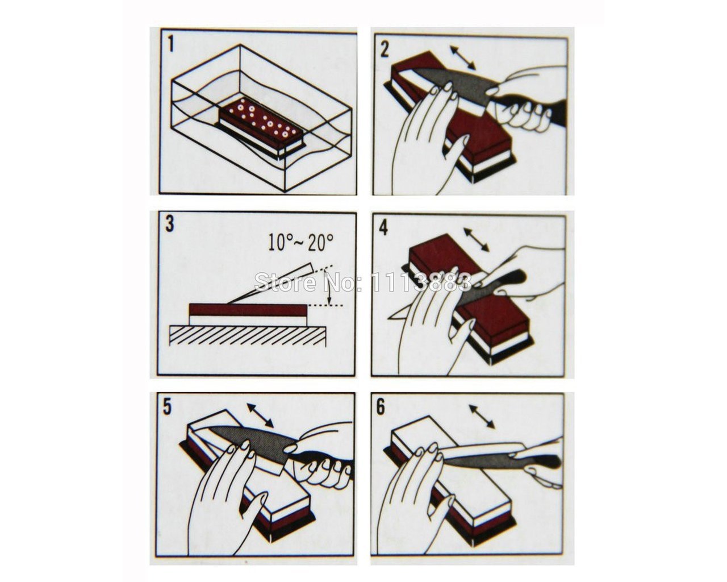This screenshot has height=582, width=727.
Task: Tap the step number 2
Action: pyautogui.click(x=385, y=50)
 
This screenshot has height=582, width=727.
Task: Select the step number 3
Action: pyautogui.click(x=170, y=224)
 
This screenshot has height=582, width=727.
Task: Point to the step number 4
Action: pyautogui.click(x=383, y=228)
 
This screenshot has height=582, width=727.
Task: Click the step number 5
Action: pyautogui.click(x=167, y=407)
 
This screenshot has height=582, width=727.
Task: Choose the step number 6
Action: pyautogui.click(x=381, y=408)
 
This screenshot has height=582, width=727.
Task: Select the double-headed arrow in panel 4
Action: pyautogui.click(x=477, y=240)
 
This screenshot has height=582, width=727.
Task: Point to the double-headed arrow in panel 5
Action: pyautogui.click(x=260, y=415)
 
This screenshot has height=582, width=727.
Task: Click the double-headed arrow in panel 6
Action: pyautogui.click(x=482, y=416)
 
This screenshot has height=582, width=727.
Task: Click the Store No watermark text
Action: pyautogui.click(x=363, y=282)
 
